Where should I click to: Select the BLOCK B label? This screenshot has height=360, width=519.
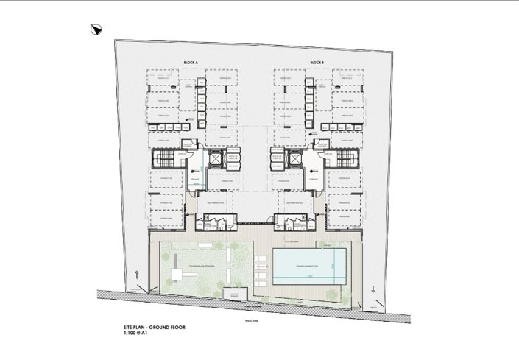[x=317, y=62]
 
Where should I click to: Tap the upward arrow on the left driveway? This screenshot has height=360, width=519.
[x=138, y=275]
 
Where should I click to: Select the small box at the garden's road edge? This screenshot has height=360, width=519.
[x=234, y=293]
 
